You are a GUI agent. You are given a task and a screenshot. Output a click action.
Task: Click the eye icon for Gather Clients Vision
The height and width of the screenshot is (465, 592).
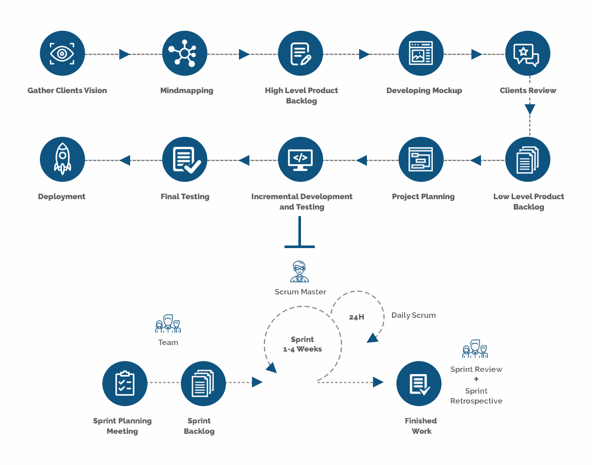tap(62, 53)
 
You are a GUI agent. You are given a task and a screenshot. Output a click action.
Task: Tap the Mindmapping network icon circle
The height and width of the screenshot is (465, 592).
tap(184, 53)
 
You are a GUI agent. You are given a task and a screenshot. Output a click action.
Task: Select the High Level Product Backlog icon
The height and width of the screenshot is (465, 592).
tap(300, 53)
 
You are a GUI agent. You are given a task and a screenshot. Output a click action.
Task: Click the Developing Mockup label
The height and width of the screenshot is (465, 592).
tap(424, 90)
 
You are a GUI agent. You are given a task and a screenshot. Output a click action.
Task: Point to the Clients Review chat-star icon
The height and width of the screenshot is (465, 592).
tap(527, 53)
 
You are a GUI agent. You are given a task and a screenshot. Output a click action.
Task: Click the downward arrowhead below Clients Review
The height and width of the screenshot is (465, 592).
tap(530, 109)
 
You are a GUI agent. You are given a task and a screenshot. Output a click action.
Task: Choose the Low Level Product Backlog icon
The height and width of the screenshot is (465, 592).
tap(527, 159)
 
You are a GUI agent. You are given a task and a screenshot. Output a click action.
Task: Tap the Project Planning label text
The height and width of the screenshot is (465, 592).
tap(423, 197)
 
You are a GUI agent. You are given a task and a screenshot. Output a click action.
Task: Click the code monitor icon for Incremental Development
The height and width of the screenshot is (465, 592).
tap(300, 159)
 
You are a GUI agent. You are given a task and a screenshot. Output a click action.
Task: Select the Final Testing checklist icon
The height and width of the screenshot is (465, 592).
tap(184, 159)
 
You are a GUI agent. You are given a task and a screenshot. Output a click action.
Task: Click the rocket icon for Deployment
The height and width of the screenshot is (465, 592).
tap(62, 159)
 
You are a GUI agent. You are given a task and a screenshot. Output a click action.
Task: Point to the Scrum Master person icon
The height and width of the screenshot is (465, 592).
tap(299, 271)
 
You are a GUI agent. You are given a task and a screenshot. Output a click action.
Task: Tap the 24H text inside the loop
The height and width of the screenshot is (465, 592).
tap(357, 317)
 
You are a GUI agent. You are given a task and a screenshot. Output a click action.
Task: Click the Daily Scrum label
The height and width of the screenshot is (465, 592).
tap(413, 315)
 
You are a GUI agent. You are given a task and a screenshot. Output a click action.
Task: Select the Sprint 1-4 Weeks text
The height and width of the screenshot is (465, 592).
tap(302, 344)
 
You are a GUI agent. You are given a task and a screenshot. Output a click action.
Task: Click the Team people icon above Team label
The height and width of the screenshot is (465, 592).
tap(168, 324)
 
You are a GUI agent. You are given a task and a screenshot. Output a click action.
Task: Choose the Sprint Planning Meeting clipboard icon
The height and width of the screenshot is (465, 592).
tap(124, 383)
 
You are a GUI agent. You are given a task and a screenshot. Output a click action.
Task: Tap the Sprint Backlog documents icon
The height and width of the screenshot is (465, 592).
tap(203, 383)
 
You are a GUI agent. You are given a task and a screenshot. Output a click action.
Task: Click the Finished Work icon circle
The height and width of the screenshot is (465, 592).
tap(419, 383)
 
